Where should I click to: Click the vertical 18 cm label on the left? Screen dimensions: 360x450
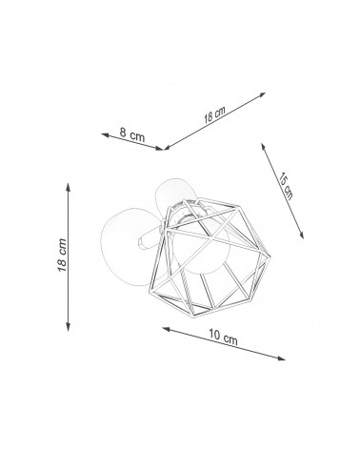[62, 255]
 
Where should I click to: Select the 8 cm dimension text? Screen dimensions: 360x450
[132, 134]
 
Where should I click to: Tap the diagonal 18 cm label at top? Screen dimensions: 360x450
[214, 114]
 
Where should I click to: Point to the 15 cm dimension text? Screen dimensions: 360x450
[286, 186]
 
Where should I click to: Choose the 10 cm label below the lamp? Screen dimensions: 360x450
[223, 337]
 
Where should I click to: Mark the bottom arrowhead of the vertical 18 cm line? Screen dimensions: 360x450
[68, 327]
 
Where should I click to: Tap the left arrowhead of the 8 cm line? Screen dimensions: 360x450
[105, 135]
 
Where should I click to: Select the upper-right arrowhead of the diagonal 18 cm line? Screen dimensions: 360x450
[262, 94]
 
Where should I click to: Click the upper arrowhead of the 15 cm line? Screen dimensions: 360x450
[263, 147]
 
